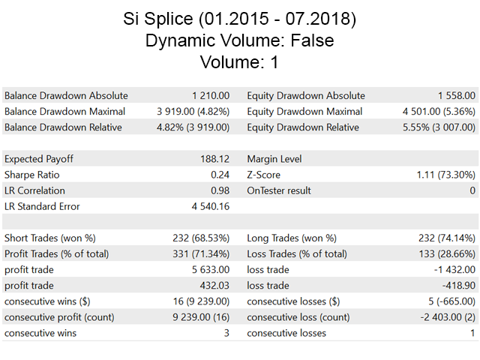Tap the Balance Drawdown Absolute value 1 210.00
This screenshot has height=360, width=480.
click(213, 96)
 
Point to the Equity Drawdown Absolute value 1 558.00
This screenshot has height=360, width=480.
click(457, 96)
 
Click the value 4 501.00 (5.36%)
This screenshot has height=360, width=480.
click(439, 112)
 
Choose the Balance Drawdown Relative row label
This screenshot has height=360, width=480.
click(66, 127)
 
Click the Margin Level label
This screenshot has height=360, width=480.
click(276, 159)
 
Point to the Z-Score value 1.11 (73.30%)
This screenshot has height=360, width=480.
click(445, 175)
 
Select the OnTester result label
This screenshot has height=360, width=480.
click(279, 190)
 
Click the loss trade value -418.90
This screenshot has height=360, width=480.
click(459, 286)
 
